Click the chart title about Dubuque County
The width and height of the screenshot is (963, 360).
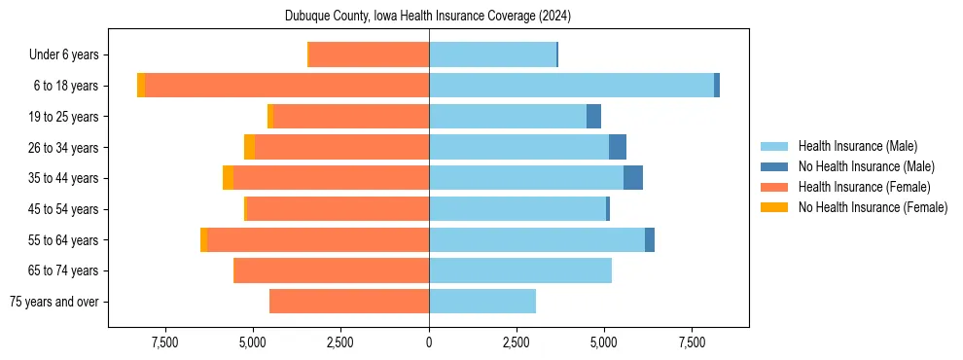coord(428,17)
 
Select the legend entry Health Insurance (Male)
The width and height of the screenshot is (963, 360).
coord(857,146)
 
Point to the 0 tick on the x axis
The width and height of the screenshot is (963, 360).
coord(429,342)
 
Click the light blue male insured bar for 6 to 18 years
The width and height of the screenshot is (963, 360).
coord(571,86)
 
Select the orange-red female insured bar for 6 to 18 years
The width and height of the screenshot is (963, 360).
coord(287,86)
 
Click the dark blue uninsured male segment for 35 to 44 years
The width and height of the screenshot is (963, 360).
coord(633,178)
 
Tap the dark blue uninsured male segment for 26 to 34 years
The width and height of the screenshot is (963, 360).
coord(618,147)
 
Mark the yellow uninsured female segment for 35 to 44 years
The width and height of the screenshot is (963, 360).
coord(228,178)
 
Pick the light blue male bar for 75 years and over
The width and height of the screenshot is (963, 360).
coord(482,302)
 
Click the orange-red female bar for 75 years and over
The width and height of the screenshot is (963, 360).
coord(349,302)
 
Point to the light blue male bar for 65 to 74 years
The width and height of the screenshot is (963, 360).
coord(520,270)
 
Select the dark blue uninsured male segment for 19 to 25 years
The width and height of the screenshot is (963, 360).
coord(593,117)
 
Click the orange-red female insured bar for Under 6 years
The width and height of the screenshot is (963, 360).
coord(370,55)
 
